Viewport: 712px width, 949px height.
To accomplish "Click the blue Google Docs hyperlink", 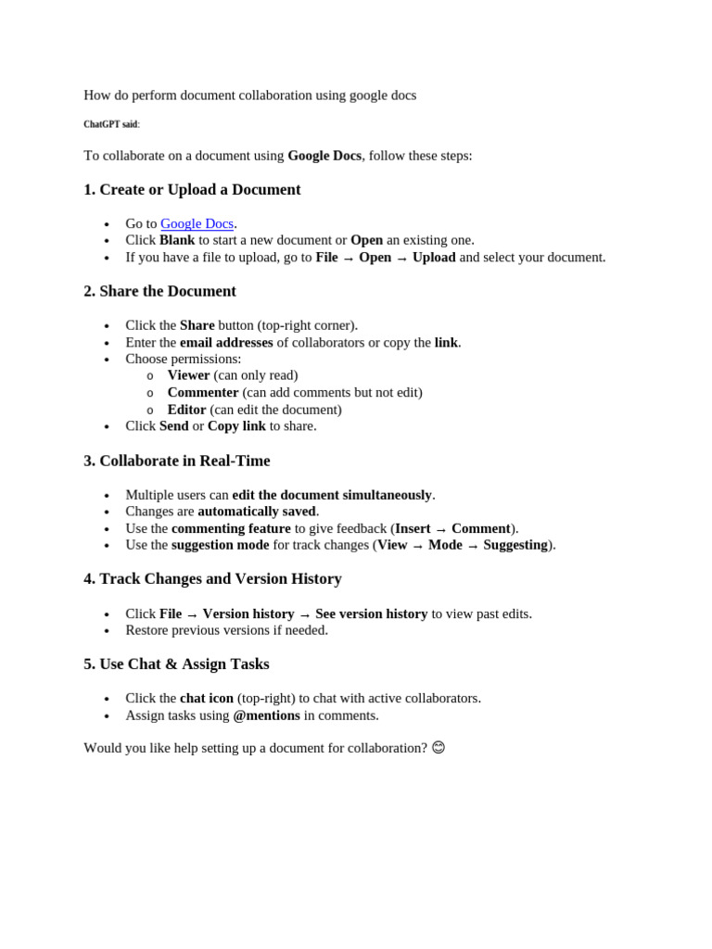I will point(197,223).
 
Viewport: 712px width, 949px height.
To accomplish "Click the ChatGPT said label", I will point(110,124).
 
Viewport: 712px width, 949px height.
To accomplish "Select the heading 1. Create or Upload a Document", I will point(192,190).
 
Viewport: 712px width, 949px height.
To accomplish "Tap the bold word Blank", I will point(177,240).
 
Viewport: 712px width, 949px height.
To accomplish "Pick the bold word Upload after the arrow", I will point(434,258).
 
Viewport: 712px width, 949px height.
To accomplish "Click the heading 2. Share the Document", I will point(159,291).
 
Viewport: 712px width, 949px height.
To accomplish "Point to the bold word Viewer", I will point(188,375).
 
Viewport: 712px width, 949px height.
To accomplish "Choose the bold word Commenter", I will point(203,392).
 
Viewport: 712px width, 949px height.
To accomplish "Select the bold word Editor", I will point(186,410).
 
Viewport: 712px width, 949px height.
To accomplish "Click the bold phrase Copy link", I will point(236,426).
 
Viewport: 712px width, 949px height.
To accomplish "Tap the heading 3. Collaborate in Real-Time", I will point(176,461).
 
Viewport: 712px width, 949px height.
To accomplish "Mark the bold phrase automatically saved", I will point(257,512).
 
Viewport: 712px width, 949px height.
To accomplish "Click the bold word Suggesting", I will point(515,545).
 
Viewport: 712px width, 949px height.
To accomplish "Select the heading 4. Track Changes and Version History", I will point(212,579).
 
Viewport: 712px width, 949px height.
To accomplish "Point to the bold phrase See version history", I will point(371,614).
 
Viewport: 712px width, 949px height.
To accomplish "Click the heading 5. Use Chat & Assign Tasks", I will point(176,664).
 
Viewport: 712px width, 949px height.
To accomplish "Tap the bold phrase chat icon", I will point(207,698).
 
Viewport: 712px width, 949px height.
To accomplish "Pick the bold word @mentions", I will point(267,715).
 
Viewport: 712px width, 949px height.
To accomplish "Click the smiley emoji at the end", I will point(439,747).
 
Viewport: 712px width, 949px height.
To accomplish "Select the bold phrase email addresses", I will point(226,343).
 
